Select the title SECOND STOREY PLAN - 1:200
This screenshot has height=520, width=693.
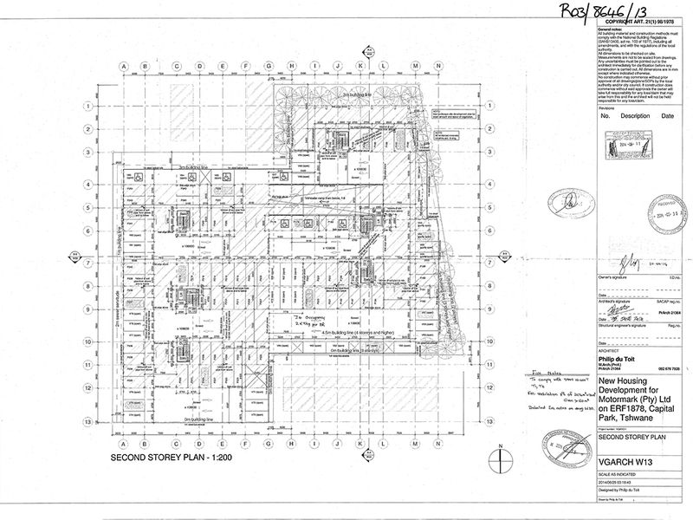[x=174, y=456]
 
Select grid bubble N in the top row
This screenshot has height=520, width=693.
[x=416, y=66]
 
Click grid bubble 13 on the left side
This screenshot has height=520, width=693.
[x=88, y=419]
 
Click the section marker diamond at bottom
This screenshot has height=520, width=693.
[x=359, y=448]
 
